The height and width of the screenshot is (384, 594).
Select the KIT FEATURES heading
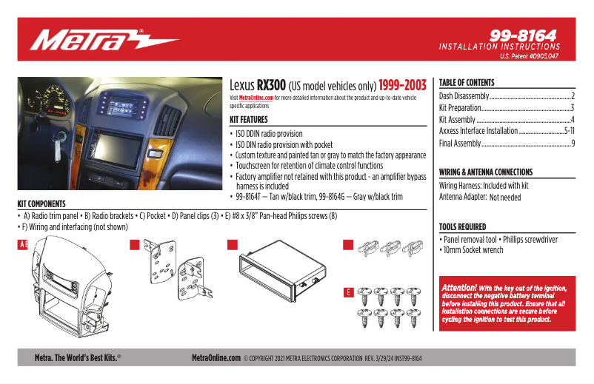point(254,119)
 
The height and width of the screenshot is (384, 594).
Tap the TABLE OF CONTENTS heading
point(467,83)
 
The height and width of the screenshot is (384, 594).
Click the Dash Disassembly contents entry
point(464,96)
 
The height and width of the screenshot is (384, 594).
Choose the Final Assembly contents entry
point(460,143)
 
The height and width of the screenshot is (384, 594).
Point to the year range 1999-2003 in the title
point(401,85)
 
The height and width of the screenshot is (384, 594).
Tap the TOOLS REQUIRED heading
point(463,227)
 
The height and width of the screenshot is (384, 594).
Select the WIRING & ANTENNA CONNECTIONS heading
point(486,172)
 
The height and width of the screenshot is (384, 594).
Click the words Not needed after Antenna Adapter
point(505,198)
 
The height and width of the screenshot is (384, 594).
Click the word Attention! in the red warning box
point(458,287)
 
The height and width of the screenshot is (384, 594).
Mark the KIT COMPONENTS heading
point(41,203)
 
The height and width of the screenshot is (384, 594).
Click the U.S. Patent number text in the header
point(529,55)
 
